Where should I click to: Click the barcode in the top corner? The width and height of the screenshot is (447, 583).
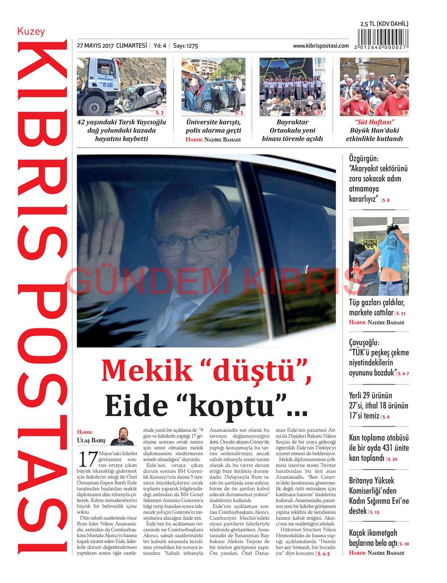[x=383, y=39]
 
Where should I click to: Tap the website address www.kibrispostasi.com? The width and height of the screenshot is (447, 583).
[x=320, y=46]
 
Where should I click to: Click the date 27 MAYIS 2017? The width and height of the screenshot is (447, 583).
[x=95, y=46]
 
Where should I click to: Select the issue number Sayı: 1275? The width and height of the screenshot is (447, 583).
[x=186, y=46]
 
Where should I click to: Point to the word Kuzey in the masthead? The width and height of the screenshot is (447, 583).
[x=31, y=31]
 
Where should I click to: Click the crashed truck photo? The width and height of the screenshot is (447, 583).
[x=121, y=86]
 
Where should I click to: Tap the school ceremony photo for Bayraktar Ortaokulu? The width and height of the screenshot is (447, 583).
[x=292, y=86]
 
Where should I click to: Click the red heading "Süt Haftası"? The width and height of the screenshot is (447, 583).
[x=374, y=122]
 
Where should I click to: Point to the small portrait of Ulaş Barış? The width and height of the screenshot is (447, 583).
[x=122, y=436]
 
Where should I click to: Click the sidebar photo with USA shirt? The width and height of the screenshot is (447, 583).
[x=378, y=256]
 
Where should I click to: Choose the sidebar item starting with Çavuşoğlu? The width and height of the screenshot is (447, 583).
[x=378, y=357]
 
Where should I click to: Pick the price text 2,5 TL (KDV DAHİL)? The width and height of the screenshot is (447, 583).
[x=384, y=24]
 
